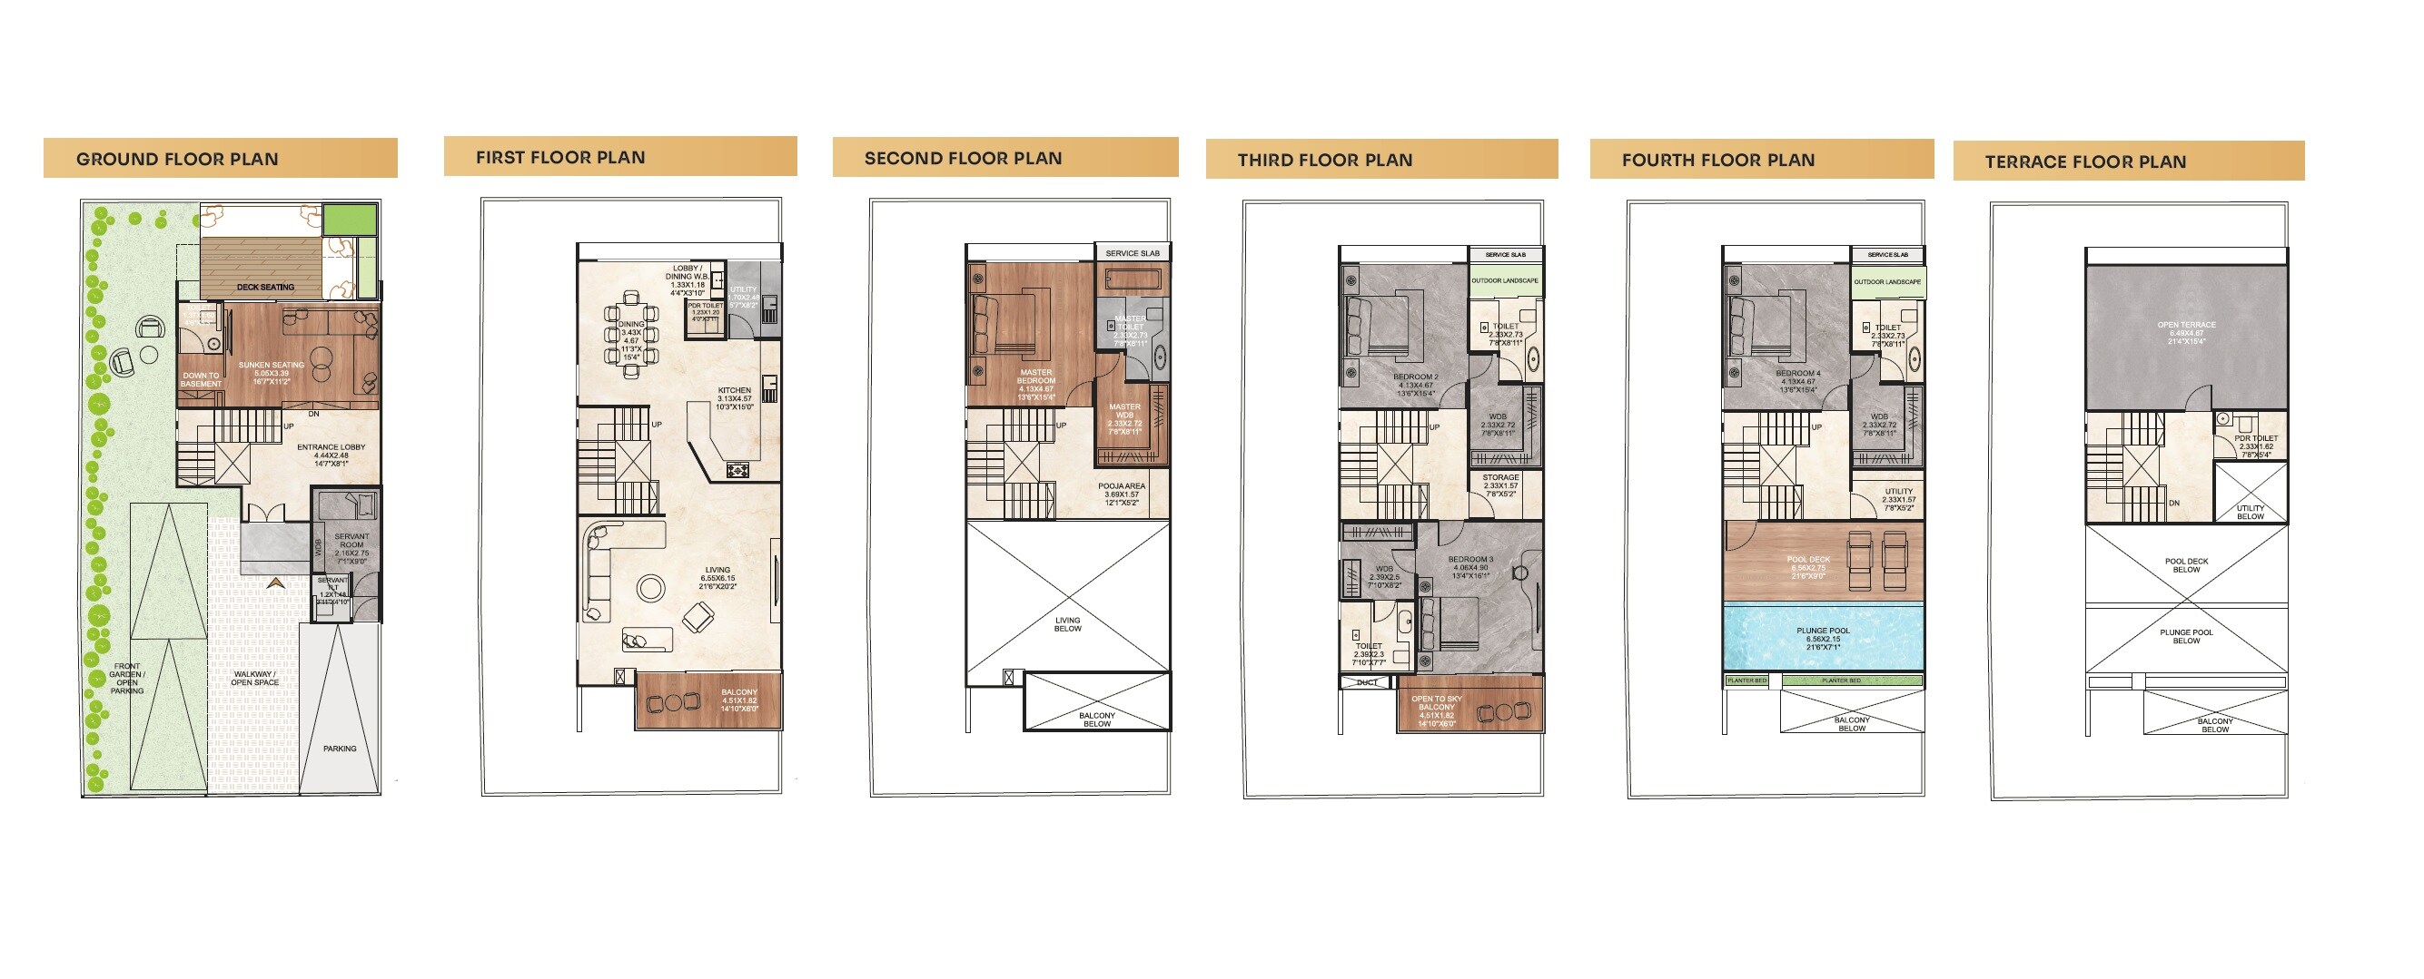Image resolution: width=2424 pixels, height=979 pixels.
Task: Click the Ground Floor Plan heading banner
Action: [219, 158]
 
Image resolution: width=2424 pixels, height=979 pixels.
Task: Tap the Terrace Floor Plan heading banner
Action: [2128, 161]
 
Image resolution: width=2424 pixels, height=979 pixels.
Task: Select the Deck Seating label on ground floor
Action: [265, 287]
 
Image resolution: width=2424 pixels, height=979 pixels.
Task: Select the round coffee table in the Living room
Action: [650, 588]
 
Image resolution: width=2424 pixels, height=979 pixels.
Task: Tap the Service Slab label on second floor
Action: [1132, 253]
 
